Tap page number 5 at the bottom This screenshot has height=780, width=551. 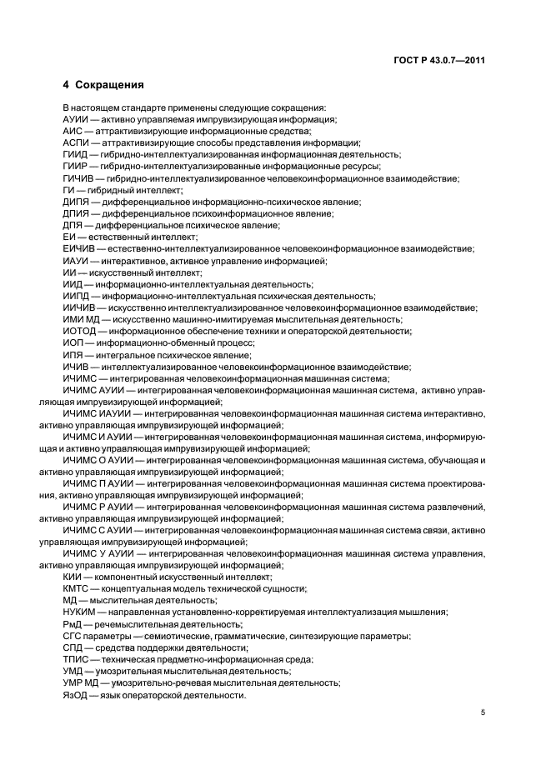[x=484, y=712]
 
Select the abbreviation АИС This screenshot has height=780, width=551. [x=72, y=131]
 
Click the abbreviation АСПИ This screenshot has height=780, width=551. [x=76, y=142]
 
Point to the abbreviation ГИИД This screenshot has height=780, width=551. [x=75, y=154]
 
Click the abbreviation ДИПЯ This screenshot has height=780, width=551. [x=76, y=202]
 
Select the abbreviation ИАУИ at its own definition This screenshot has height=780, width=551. [x=75, y=261]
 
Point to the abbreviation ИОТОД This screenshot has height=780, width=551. [x=78, y=331]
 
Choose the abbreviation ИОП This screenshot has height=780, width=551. [x=73, y=342]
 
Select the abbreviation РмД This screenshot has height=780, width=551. [x=73, y=623]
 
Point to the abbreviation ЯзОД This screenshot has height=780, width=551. [x=75, y=695]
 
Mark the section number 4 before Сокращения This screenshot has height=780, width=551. [x=66, y=84]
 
